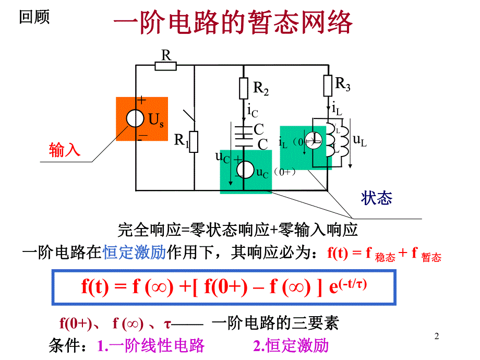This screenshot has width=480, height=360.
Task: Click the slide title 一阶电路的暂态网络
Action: tap(233, 23)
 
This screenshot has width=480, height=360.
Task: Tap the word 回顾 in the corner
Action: tap(34, 17)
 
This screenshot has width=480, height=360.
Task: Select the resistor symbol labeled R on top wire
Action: tap(166, 65)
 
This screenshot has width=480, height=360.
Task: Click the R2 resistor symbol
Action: tap(244, 88)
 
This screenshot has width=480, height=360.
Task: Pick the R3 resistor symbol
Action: tap(328, 85)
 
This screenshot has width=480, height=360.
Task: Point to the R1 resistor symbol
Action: tap(194, 141)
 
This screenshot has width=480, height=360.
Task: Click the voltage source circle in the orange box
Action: tap(135, 119)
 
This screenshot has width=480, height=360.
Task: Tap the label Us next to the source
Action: tap(157, 121)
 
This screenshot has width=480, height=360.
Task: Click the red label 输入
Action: tap(65, 150)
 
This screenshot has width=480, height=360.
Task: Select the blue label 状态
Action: tap(376, 198)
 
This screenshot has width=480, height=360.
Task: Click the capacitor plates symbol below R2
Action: tap(244, 134)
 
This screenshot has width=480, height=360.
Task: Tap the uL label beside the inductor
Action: tap(360, 139)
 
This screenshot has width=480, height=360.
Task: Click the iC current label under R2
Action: tap(253, 110)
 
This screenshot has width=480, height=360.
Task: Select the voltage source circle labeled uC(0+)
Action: tap(244, 170)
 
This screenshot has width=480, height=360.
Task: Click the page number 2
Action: tap(437, 338)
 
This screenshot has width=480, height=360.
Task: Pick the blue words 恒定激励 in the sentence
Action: tap(135, 253)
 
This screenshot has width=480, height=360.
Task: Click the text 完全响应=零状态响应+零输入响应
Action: tap(237, 230)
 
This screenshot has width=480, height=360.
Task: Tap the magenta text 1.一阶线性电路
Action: tap(151, 345)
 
